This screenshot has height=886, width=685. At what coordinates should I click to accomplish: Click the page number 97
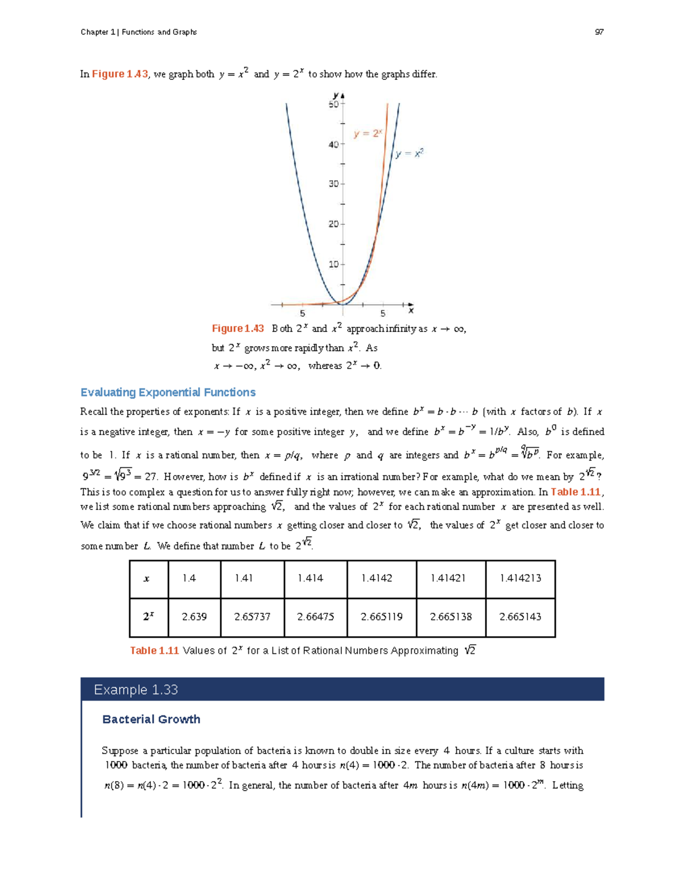pyautogui.click(x=599, y=32)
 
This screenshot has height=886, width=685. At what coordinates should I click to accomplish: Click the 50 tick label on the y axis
pyautogui.click(x=333, y=104)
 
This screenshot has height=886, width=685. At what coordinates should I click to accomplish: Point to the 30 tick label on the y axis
pyautogui.click(x=333, y=184)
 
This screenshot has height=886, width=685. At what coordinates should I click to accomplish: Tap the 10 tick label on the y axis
pyautogui.click(x=333, y=264)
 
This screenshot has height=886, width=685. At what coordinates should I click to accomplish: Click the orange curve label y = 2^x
pyautogui.click(x=367, y=133)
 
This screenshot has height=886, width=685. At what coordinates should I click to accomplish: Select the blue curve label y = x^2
pyautogui.click(x=409, y=153)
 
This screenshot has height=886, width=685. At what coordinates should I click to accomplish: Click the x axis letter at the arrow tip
pyautogui.click(x=411, y=311)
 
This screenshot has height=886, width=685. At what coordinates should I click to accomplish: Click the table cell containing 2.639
pyautogui.click(x=194, y=617)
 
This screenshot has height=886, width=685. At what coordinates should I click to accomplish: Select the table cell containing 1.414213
pyautogui.click(x=520, y=578)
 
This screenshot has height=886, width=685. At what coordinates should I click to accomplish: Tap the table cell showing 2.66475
pyautogui.click(x=315, y=617)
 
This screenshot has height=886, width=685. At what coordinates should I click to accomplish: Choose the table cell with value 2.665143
pyautogui.click(x=520, y=617)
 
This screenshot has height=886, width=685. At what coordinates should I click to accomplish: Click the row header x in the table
pyautogui.click(x=147, y=578)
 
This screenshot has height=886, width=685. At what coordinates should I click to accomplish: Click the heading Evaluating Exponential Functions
pyautogui.click(x=168, y=393)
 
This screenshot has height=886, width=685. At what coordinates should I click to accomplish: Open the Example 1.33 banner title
pyautogui.click(x=136, y=690)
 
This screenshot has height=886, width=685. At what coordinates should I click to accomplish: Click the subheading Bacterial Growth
pyautogui.click(x=151, y=719)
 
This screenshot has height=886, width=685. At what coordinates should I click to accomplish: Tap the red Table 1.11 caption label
pyautogui.click(x=154, y=650)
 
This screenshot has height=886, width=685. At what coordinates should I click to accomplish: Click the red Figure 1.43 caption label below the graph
pyautogui.click(x=237, y=329)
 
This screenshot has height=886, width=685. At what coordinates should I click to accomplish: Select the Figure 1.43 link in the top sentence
pyautogui.click(x=120, y=74)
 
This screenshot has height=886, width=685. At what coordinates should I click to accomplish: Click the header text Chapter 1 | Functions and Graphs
pyautogui.click(x=139, y=32)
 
